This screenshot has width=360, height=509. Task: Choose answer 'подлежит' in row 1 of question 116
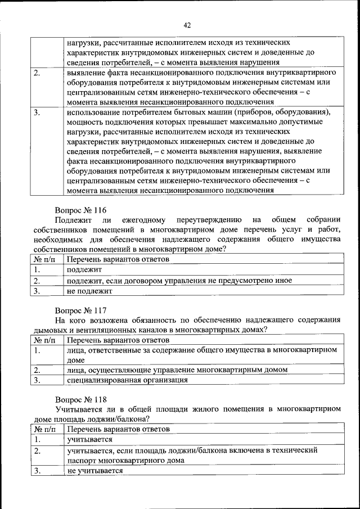(81, 269)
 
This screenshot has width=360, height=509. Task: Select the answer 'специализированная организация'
(127, 380)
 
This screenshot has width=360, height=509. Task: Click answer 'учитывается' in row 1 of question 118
(89, 439)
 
